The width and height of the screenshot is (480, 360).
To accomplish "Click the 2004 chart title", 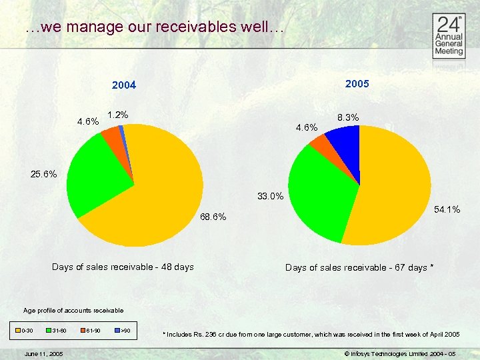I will [x=124, y=85].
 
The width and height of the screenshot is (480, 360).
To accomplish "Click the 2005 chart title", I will [x=357, y=84].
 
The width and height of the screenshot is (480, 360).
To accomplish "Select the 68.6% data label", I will [x=213, y=217].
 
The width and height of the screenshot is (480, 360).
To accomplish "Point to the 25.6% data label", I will [x=43, y=175].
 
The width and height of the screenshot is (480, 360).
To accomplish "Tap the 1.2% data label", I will [x=117, y=115].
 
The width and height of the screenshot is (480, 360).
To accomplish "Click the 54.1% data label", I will [x=447, y=209].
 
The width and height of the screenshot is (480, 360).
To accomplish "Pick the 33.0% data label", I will [x=271, y=196].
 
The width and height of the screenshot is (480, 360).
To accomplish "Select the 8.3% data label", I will [x=348, y=117].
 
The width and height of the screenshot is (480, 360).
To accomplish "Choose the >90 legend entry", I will [x=122, y=331].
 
